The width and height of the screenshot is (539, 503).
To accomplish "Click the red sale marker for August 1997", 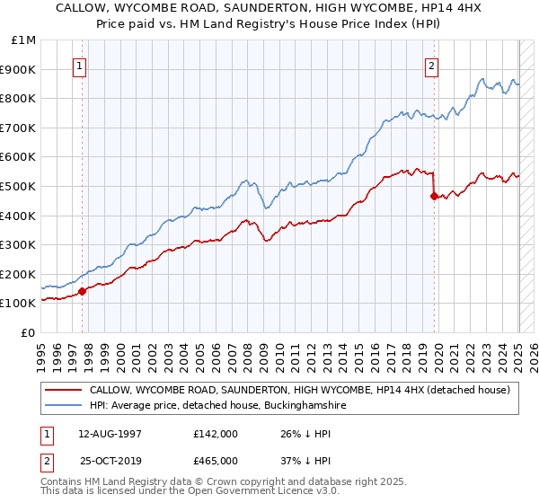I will tap(82, 291).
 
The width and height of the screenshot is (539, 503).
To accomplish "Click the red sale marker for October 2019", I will tap(434, 196).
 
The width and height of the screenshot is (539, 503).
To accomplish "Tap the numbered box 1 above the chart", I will tap(81, 65).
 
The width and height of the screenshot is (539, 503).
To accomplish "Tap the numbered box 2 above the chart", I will tap(432, 65).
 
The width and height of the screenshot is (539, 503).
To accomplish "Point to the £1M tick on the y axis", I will tap(24, 40).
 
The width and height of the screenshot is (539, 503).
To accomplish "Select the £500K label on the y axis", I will tap(19, 186).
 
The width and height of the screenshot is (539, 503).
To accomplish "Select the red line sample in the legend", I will tap(63, 390).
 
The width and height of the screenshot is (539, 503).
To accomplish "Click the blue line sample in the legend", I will tap(63, 406).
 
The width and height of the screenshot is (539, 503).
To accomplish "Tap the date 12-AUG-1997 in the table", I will tap(109, 434).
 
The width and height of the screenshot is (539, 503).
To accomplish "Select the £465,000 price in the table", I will tap(215, 461).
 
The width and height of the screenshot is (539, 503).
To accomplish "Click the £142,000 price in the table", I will tap(215, 434).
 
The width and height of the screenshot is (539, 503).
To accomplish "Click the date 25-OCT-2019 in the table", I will tap(109, 461).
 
